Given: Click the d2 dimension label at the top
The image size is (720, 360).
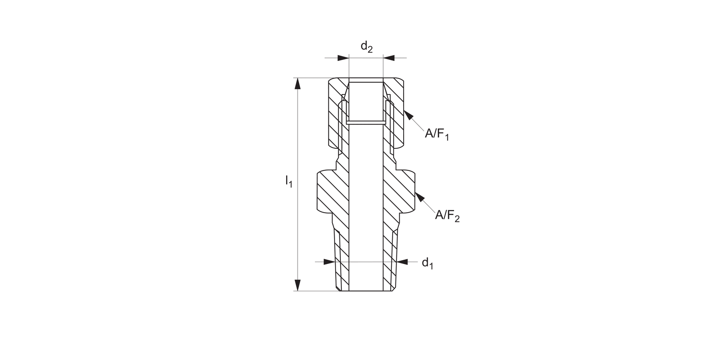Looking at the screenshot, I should (366, 47).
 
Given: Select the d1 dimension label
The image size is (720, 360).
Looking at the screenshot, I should (427, 263).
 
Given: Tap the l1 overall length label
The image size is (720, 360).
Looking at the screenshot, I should (288, 181).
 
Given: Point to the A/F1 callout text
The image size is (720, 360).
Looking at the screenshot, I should (436, 134).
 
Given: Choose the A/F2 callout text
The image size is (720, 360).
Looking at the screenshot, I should (447, 216).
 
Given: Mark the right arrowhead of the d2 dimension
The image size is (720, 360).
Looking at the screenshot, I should (389, 58).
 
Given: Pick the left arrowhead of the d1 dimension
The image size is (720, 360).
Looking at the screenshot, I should (329, 262).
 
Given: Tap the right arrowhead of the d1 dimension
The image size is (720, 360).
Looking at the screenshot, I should (402, 262).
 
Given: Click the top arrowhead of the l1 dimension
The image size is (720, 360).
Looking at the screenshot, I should (298, 84).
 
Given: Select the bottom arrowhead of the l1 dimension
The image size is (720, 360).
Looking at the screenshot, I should (298, 285).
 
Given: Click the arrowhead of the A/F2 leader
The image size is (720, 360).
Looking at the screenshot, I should (420, 197).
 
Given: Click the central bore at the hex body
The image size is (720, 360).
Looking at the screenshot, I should (366, 192).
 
